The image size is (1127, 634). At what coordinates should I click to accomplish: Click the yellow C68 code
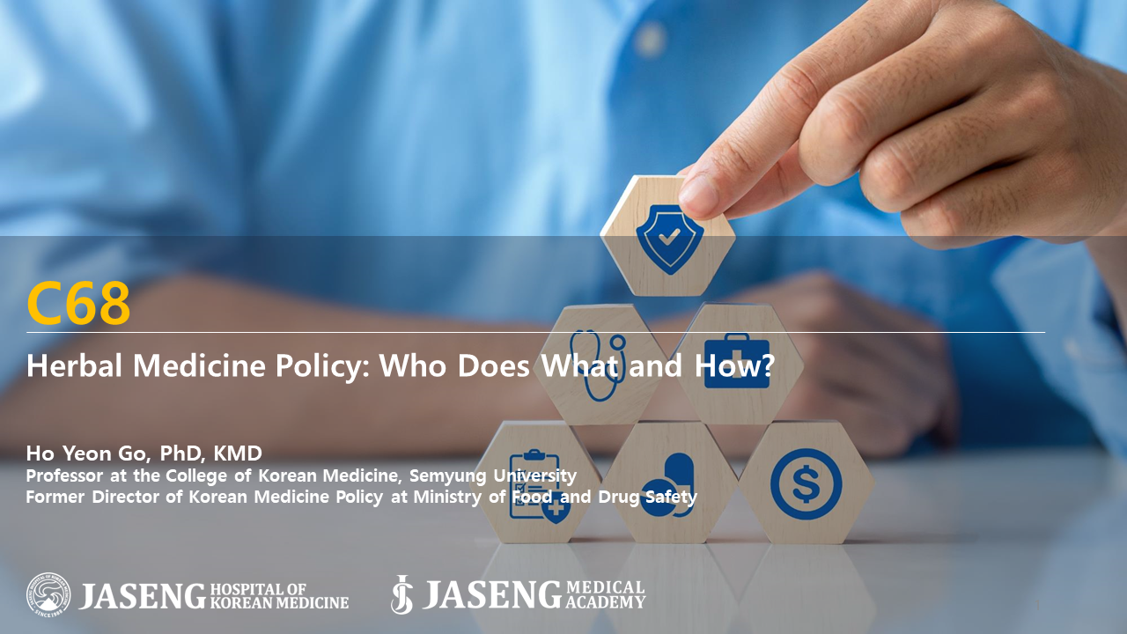coord(78,303)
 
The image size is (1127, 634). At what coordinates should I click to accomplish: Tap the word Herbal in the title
coord(75,365)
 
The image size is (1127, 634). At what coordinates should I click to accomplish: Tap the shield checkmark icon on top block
coord(670,239)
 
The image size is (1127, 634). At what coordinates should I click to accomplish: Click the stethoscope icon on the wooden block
coord(597,365)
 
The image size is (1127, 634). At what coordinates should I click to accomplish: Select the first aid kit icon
coord(737,361)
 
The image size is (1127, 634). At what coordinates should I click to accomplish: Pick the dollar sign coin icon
coord(806,484)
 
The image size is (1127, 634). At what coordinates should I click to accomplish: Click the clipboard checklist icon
coord(539,487)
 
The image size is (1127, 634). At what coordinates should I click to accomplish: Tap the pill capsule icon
coord(667,485)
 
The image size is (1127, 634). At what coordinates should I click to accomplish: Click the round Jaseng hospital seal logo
coord(48,594)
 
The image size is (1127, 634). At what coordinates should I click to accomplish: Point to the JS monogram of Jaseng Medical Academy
coord(401,594)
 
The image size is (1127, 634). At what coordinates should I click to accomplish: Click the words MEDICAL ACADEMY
coord(605,594)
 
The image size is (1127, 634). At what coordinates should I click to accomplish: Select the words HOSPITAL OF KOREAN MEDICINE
coord(279,596)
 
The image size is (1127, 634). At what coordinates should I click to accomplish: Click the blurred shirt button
coord(651,40)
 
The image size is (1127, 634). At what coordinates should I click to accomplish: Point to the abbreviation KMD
coord(238,453)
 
